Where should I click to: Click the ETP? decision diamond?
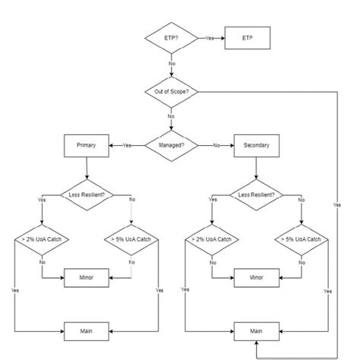tap(172, 37)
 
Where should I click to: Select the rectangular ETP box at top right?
tap(248, 37)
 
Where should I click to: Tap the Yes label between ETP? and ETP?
tap(210, 37)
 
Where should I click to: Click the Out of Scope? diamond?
tap(172, 92)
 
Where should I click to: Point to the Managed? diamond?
tap(172, 144)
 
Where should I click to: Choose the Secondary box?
tap(257, 144)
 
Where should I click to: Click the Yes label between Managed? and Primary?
tap(127, 144)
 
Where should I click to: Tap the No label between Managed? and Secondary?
tap(216, 144)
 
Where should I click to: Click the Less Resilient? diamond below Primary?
tap(87, 194)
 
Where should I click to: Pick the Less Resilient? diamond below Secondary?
tap(257, 194)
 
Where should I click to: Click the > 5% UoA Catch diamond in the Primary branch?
tap(131, 240)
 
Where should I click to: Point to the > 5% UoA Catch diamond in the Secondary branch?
tap(302, 240)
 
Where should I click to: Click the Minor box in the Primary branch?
tap(87, 278)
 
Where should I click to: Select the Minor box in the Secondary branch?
tap(257, 278)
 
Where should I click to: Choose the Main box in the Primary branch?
tap(87, 331)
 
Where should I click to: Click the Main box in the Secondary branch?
tap(257, 331)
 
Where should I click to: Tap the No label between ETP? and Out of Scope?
tap(172, 64)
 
